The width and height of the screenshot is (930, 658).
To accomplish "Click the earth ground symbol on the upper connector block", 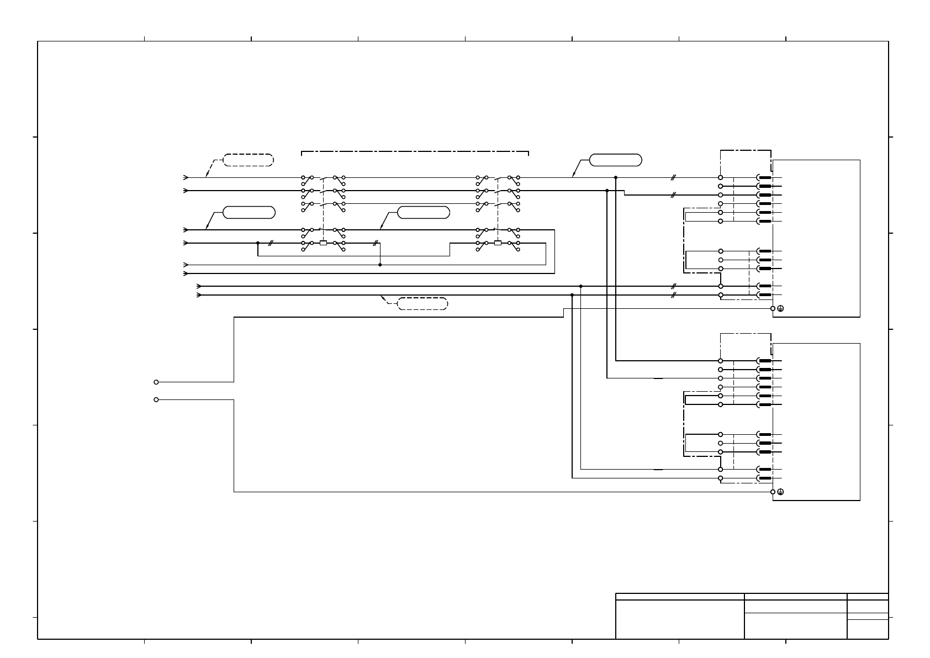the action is pyautogui.click(x=780, y=309).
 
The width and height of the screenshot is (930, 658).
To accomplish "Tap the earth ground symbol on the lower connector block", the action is pyautogui.click(x=780, y=492).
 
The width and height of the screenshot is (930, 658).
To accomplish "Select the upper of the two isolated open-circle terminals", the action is pyautogui.click(x=156, y=382).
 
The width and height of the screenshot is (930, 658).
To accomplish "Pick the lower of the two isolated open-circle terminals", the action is pyautogui.click(x=156, y=399).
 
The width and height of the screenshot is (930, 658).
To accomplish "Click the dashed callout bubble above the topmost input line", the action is pyautogui.click(x=248, y=160).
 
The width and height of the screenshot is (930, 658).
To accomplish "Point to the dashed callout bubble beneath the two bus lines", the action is pyautogui.click(x=422, y=303).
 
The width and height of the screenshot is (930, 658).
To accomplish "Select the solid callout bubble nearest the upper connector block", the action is pyautogui.click(x=615, y=160).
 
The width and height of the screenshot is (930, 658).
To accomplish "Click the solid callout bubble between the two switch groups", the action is pyautogui.click(x=423, y=213).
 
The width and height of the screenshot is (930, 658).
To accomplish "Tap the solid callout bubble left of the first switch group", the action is pyautogui.click(x=249, y=213).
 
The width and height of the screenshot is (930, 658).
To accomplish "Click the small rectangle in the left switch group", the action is pyautogui.click(x=323, y=243).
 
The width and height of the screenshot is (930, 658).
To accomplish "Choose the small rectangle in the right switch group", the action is pyautogui.click(x=498, y=243).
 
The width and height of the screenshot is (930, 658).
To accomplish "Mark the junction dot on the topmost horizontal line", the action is pyautogui.click(x=616, y=178).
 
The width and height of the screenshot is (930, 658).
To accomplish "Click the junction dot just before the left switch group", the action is pyautogui.click(x=258, y=243).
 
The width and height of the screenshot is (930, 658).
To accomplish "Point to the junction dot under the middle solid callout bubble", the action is pyautogui.click(x=380, y=265).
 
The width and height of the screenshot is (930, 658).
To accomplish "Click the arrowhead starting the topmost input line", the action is pyautogui.click(x=186, y=178).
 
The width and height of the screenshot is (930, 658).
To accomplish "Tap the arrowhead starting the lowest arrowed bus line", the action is pyautogui.click(x=199, y=295).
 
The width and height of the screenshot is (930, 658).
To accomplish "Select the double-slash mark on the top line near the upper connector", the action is pyautogui.click(x=673, y=178).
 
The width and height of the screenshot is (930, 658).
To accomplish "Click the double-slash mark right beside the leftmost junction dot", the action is pyautogui.click(x=270, y=243).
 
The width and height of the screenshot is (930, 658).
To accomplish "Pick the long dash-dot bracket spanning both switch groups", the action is pyautogui.click(x=415, y=151).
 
